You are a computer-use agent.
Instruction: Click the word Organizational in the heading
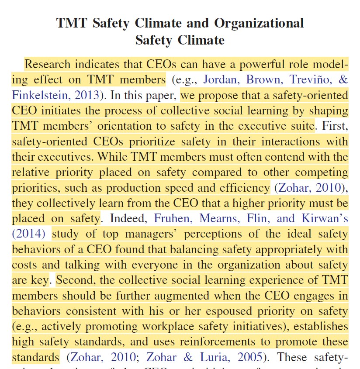pyautogui.click(x=259, y=23)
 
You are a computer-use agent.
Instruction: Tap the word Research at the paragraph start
pyautogui.click(x=47, y=65)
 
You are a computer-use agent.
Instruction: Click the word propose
pyautogui.click(x=225, y=95)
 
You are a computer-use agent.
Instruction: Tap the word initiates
pyautogui.click(x=55, y=110)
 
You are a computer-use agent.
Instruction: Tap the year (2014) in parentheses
pyautogui.click(x=28, y=234)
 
